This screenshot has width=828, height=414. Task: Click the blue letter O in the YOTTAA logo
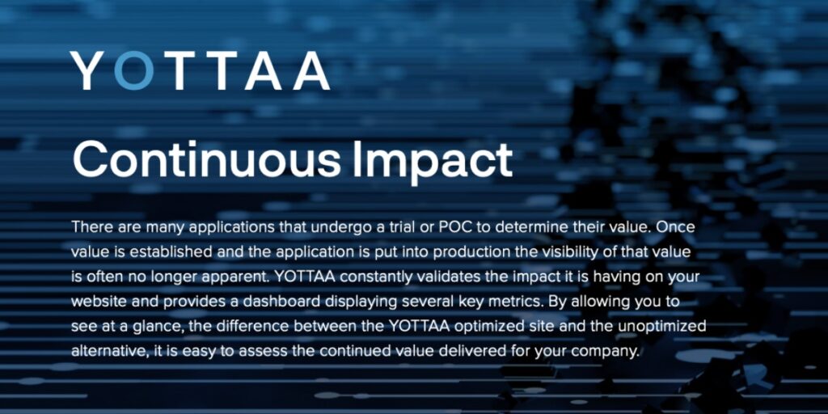pyautogui.click(x=134, y=70)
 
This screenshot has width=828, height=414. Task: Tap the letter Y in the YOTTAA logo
pyautogui.click(x=87, y=70)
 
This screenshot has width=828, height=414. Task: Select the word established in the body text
pyautogui.click(x=177, y=252)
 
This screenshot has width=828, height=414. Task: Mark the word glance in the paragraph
pyautogui.click(x=158, y=327)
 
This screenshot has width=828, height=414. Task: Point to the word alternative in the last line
pyautogui.click(x=109, y=351)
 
